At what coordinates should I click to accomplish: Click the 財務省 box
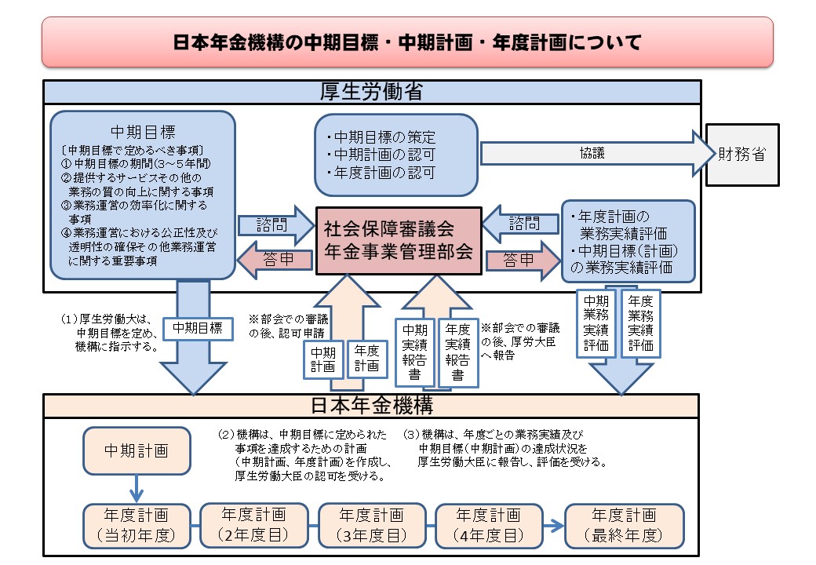[x=742, y=155]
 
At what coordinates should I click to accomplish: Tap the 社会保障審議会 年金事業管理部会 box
[x=399, y=240]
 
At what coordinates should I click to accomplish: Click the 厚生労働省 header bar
[x=372, y=92]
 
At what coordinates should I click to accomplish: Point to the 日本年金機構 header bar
[x=371, y=406]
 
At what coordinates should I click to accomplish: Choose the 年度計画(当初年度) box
[x=137, y=526]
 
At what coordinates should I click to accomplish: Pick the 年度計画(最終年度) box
[x=624, y=526]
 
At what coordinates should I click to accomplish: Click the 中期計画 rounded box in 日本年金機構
[x=137, y=450]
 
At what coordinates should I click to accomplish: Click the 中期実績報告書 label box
[x=415, y=352]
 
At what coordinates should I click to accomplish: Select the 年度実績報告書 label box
[x=458, y=352]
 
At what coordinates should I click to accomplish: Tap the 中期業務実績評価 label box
[x=596, y=323]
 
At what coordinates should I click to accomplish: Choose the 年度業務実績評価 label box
[x=640, y=323]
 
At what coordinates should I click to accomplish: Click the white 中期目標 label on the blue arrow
[x=198, y=328]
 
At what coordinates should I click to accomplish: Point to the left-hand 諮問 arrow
[x=276, y=225]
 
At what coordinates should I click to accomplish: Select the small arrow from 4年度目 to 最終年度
[x=554, y=526]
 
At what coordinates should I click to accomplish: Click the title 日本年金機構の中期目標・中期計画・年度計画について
[x=407, y=42]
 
